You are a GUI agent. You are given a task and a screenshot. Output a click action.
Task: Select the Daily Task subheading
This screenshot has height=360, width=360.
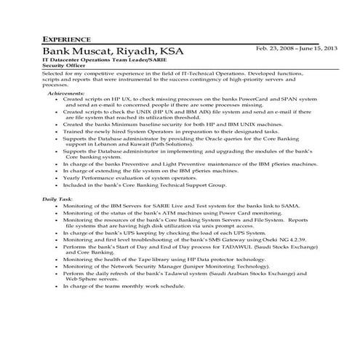(57, 199)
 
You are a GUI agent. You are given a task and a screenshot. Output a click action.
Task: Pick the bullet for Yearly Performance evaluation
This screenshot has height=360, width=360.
(57, 177)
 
